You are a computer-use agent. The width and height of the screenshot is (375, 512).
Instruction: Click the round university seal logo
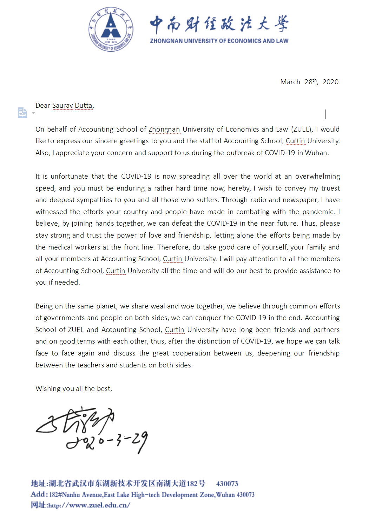pyautogui.click(x=111, y=29)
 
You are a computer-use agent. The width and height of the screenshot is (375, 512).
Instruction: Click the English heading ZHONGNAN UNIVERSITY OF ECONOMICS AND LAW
pyautogui.click(x=219, y=41)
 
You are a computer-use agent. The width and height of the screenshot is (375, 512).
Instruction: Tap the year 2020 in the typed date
pyautogui.click(x=330, y=82)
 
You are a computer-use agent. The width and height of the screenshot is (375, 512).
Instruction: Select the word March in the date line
pyautogui.click(x=290, y=82)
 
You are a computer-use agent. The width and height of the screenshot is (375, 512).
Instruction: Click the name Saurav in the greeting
pyautogui.click(x=63, y=106)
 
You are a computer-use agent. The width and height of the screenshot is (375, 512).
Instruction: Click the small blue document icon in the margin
pyautogui.click(x=22, y=112)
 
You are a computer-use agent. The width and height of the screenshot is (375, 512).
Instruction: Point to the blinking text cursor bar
pyautogui.click(x=325, y=114)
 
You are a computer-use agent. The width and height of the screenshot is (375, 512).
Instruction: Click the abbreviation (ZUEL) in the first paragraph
pyautogui.click(x=302, y=129)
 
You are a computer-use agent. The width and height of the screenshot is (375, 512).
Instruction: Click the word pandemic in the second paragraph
pyautogui.click(x=318, y=212)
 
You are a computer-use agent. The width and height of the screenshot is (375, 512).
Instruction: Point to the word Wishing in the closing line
pyautogui.click(x=48, y=388)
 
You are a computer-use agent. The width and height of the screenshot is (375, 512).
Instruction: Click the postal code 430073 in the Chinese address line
pyautogui.click(x=227, y=484)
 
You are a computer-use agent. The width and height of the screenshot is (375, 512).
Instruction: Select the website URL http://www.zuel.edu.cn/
pyautogui.click(x=89, y=505)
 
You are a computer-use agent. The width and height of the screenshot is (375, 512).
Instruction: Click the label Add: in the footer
pyautogui.click(x=39, y=494)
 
